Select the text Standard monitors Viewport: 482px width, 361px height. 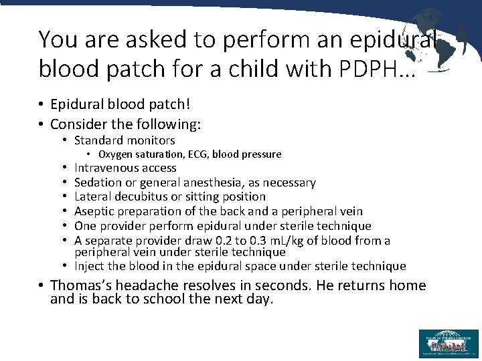(x=125, y=140)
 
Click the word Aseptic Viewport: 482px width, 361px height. (x=93, y=211)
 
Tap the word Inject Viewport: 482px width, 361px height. (x=89, y=266)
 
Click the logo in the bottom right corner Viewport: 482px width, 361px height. (x=449, y=343)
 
